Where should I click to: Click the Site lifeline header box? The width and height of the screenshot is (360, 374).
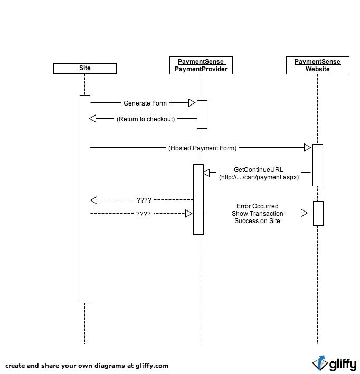point(85,69)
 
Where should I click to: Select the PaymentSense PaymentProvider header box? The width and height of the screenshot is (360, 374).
point(201,65)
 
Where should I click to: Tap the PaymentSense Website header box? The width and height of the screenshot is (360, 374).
point(318,65)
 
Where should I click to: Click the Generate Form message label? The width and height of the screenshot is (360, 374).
point(145,103)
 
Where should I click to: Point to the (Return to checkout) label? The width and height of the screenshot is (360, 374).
point(146,119)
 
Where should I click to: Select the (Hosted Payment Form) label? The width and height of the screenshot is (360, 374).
point(203,148)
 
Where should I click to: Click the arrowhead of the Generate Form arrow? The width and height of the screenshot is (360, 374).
point(192,103)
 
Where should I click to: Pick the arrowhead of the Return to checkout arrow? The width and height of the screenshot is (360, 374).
point(92,118)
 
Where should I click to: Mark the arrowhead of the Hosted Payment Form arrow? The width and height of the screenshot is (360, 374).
point(308,147)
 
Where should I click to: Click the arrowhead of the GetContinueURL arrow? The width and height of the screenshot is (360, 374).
point(206,172)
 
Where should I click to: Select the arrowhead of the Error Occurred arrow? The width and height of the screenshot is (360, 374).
point(305,213)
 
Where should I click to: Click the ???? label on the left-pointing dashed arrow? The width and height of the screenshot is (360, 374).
point(144,200)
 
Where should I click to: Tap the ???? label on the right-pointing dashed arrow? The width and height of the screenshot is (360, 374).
point(144,214)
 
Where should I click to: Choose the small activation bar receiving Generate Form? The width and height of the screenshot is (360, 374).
point(202,114)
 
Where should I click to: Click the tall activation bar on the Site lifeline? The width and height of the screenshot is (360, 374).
point(85,199)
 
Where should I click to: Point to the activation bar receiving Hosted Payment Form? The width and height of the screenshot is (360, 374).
point(318,165)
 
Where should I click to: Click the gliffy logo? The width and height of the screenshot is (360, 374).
point(334,363)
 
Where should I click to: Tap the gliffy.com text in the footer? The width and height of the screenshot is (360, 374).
point(153,366)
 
